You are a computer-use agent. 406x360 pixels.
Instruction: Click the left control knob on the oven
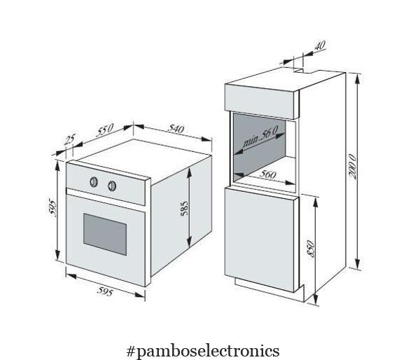[x=94, y=182]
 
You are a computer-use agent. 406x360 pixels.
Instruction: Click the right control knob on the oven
[x=112, y=186]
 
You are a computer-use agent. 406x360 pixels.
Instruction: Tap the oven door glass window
[x=105, y=234]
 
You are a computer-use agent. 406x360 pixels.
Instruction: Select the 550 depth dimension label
[x=105, y=130]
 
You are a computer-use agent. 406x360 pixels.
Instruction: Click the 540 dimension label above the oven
[x=176, y=128]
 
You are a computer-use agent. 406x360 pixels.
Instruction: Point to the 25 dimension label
[x=69, y=139]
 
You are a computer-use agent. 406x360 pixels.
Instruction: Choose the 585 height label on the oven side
[x=185, y=208]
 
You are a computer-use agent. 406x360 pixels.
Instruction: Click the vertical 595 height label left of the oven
[x=52, y=207]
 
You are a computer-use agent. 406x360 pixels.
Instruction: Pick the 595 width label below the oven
[x=105, y=291]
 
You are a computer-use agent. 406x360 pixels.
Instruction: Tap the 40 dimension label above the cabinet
[x=320, y=46]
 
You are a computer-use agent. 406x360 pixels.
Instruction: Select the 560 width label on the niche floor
[x=267, y=174]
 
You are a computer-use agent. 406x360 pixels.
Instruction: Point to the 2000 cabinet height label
[x=352, y=166]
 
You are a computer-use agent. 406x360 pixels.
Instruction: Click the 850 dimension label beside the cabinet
[x=311, y=249]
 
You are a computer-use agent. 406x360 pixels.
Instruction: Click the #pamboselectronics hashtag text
[x=203, y=351]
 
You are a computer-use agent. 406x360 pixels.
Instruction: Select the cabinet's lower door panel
[x=262, y=240]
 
